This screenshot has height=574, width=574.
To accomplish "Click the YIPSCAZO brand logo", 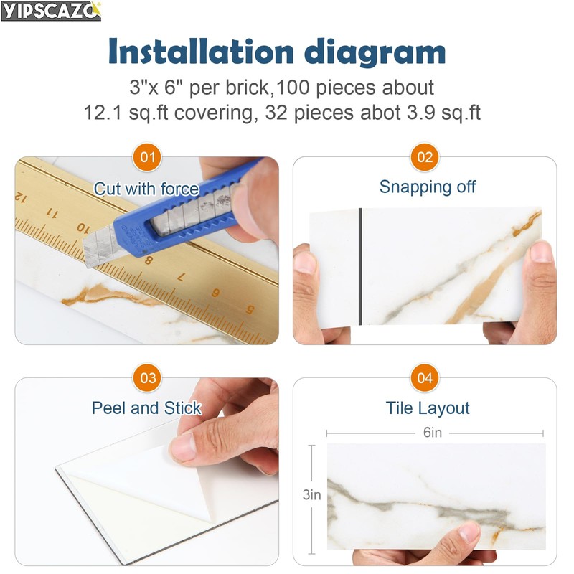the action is coord(50,11).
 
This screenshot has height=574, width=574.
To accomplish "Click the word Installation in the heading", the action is coord(201,52).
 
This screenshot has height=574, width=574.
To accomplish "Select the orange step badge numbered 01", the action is coord(147,157).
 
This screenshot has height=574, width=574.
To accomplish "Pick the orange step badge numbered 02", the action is coord(425,157).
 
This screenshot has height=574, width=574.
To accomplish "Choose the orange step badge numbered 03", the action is coord(147,378).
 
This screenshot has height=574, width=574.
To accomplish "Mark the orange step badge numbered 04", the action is coord(425,378).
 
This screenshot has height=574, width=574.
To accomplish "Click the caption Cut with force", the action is coord(146,189).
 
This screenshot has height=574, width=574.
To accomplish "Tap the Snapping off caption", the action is coord(427,187).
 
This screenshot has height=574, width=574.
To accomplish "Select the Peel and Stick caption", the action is coord(146,408).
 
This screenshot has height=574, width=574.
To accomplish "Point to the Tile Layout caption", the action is coord(428,408).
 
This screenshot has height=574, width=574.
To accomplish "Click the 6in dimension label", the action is coord(433,433).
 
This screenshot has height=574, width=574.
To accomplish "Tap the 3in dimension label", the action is coord(311,495).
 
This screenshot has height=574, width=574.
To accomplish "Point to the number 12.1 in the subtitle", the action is coord(103,113).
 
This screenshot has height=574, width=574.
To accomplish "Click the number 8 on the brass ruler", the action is coord(149,260).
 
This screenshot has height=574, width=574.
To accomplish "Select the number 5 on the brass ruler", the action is coord(250,310).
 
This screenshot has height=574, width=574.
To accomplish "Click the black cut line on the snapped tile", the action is coord(360,266).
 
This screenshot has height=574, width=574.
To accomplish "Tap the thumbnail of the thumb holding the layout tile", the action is coord(469,532).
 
